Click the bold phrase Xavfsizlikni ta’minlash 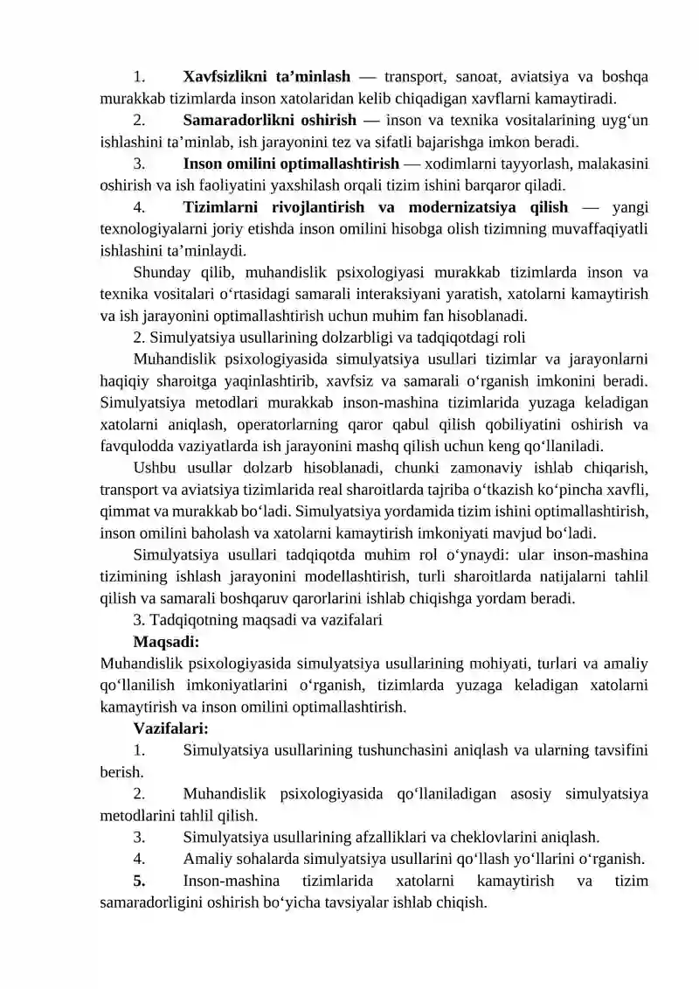point(266,75)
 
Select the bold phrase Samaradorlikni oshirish point(269,119)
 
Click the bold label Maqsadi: point(166,641)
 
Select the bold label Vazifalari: point(170,728)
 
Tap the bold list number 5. point(140,881)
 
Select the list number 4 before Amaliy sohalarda point(140,859)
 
